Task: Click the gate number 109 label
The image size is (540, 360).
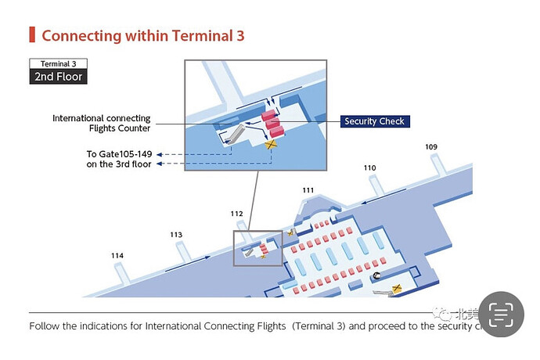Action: point(431,147)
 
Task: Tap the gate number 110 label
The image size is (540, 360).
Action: point(369,168)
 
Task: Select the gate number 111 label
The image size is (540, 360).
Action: point(308,190)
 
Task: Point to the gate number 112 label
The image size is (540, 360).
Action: point(236,213)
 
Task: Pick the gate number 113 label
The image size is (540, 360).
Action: point(176,235)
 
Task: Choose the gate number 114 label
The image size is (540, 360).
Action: point(117,256)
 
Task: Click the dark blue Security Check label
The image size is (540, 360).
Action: point(375,121)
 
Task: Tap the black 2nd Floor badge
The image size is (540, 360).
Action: point(58,77)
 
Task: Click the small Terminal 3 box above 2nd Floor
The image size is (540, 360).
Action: point(58,63)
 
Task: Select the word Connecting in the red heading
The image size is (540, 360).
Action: point(81,35)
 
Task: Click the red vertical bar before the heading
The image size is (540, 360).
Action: point(32,34)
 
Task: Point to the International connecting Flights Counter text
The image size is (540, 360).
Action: point(101,124)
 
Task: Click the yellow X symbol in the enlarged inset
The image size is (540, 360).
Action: point(272,143)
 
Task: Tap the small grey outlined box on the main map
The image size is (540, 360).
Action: point(258,248)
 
